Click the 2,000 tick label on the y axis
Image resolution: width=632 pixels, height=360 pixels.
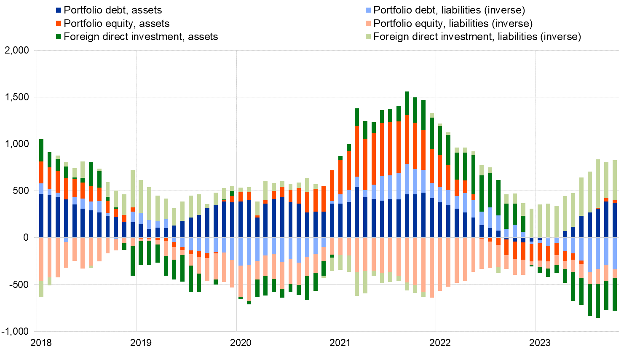(x=17, y=51)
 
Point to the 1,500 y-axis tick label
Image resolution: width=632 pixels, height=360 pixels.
(x=17, y=97)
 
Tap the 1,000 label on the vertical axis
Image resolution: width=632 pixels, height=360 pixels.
(x=17, y=144)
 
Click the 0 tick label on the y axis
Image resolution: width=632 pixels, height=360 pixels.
(x=26, y=238)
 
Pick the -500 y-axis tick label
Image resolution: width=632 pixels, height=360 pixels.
(x=19, y=285)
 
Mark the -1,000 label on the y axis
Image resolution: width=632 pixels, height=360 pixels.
(x=15, y=331)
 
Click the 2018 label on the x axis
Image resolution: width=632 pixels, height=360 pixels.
(x=41, y=343)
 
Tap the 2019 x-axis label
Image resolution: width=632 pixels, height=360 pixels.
(x=141, y=343)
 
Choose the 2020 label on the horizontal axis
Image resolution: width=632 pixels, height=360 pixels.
(x=241, y=343)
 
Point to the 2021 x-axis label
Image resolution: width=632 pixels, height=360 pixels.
(x=340, y=343)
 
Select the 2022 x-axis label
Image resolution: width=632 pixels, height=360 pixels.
(x=440, y=343)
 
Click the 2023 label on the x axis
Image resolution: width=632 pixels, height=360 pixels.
(x=540, y=343)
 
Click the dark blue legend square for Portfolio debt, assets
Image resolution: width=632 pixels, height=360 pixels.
(x=59, y=10)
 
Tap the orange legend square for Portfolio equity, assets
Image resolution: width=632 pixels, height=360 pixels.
(x=59, y=24)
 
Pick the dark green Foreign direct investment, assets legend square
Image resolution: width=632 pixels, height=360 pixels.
(x=59, y=37)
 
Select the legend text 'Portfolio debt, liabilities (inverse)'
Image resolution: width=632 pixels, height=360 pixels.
(x=449, y=10)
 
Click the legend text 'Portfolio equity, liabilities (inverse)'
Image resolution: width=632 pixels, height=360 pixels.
(x=453, y=24)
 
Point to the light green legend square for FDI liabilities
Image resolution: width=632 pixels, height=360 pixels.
(x=369, y=37)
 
